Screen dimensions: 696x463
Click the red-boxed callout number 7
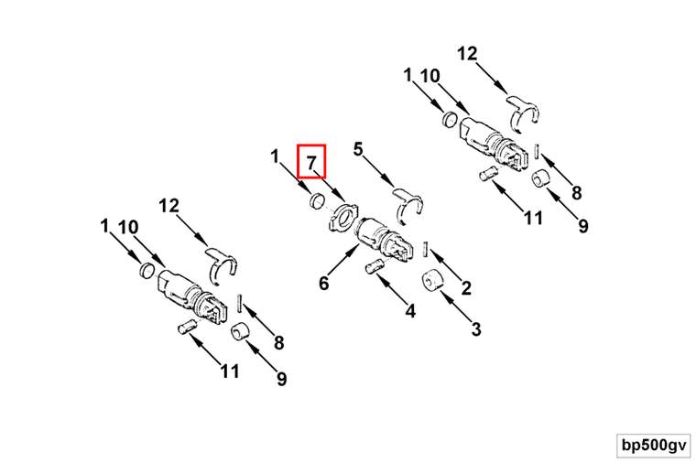(x=311, y=161)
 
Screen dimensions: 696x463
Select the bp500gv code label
(x=653, y=446)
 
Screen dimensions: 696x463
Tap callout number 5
(x=358, y=149)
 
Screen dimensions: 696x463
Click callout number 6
(x=324, y=283)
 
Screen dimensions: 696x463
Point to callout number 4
(x=411, y=310)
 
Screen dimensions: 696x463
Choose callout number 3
(x=476, y=329)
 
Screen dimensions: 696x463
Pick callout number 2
(x=466, y=288)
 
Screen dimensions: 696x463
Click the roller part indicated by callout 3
(x=431, y=280)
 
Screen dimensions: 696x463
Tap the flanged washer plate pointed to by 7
(x=343, y=216)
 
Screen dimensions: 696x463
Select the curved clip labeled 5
(x=408, y=202)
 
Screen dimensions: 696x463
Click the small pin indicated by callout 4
(x=375, y=266)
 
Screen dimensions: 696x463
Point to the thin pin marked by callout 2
(x=426, y=249)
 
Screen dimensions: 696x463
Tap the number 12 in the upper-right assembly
(x=467, y=53)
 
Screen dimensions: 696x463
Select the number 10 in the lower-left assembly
(x=128, y=227)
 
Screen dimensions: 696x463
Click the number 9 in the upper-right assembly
(x=582, y=226)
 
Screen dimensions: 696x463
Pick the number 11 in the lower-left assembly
(x=230, y=371)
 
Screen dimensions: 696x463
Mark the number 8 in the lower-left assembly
(x=278, y=342)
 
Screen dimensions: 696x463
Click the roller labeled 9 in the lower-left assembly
(x=240, y=331)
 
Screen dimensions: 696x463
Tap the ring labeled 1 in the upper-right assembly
(x=451, y=119)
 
